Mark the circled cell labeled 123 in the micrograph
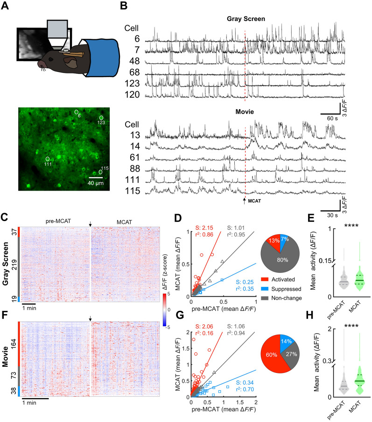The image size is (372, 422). (101, 118)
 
